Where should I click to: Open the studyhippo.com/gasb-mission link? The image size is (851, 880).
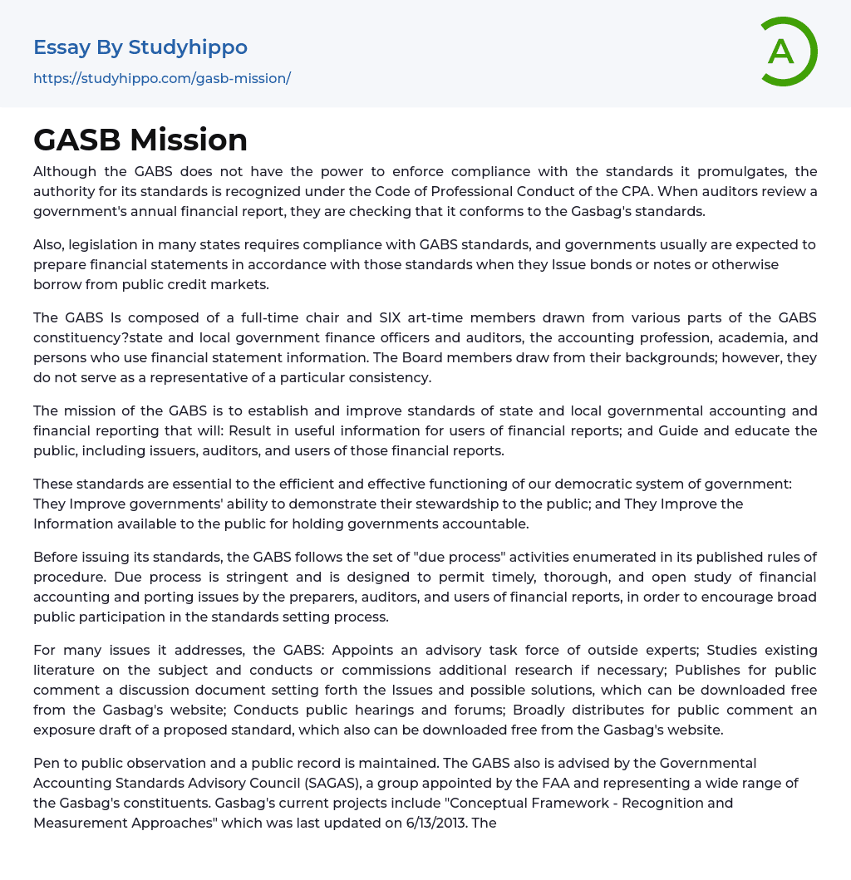point(162,79)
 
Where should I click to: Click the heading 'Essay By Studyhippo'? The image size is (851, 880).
point(140,47)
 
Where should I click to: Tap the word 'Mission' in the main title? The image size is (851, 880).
point(199,140)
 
